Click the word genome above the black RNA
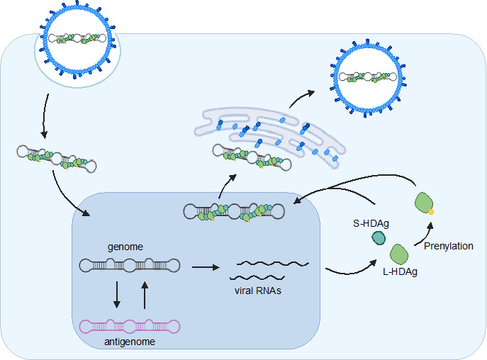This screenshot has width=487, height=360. coord(125,247)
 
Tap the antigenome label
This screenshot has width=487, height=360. coord(130,342)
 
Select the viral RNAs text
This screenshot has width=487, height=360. coord(258,291)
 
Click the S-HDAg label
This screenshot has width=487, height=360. coord(371,223)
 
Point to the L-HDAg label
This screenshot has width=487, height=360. coord(400,272)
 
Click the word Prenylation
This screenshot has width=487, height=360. coord(448,246)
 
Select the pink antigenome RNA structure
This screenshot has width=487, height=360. coord(130,327)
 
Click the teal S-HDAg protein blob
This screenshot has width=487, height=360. coord(379,238)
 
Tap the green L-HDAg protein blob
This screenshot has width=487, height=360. coord(399,254)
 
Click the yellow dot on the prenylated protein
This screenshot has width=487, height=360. coord(431,212)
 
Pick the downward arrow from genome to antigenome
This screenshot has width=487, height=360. coord(117,295)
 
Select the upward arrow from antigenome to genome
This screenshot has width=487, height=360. coord(145,295)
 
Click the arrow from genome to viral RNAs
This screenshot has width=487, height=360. coord(206,267)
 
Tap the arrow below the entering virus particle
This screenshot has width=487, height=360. coord(45,116)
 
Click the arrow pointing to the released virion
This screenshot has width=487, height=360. coord(301,98)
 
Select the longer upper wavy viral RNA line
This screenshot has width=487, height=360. coord(273,264)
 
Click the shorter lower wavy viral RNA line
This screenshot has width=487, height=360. coord(257,277)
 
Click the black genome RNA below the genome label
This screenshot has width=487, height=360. coord(130,266)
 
